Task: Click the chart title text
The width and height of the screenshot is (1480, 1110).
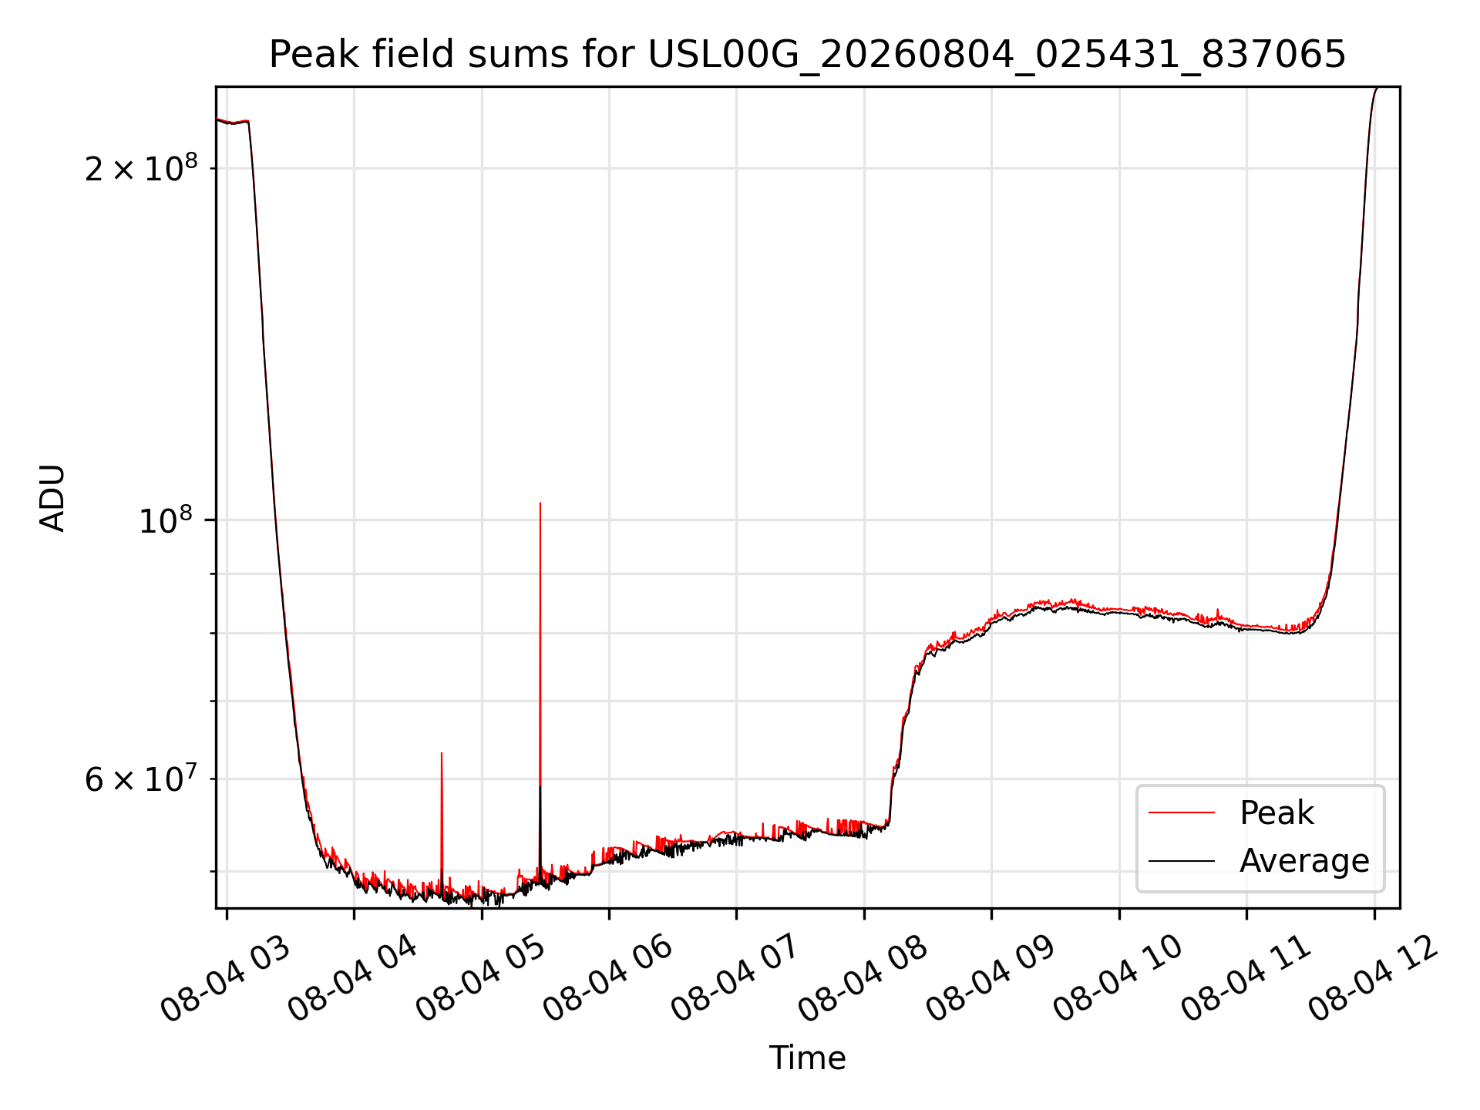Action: [807, 55]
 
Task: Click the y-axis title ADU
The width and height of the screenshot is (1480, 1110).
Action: [52, 498]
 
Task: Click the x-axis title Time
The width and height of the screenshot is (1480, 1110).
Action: [807, 1058]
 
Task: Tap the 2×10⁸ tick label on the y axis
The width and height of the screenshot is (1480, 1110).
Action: [141, 167]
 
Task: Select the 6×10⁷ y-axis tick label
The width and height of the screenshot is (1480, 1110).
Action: [141, 779]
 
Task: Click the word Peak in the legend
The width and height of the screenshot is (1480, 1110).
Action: [1276, 813]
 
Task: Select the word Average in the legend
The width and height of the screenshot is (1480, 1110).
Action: [1304, 861]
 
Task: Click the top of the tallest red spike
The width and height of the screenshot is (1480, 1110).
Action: [540, 503]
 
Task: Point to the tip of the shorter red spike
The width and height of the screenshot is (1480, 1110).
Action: [442, 752]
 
